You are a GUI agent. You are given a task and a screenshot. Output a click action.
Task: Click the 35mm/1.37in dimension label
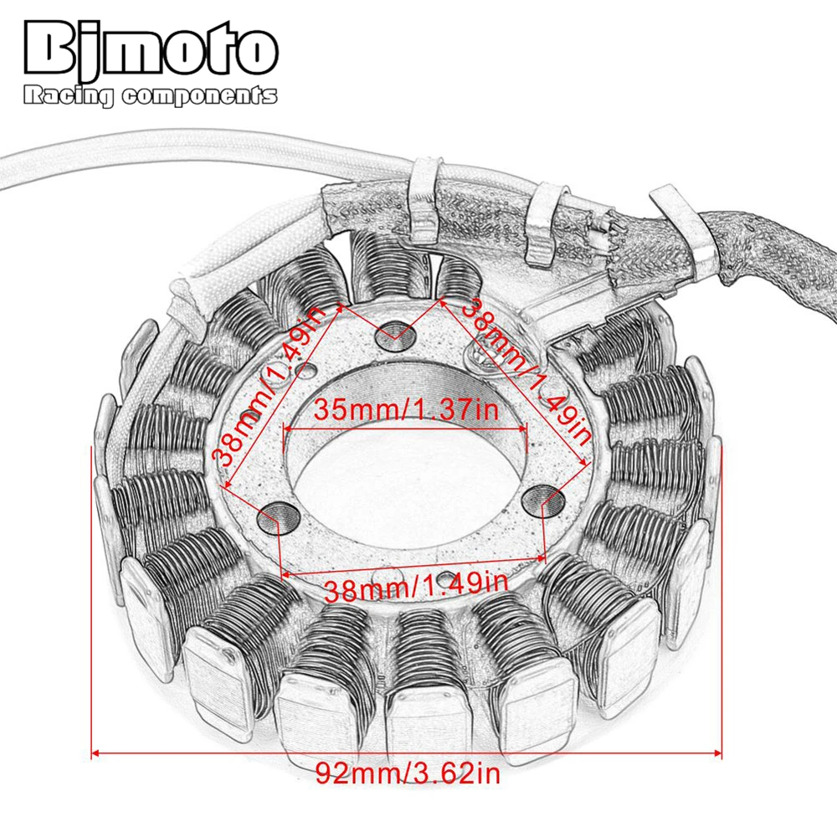point(405,410)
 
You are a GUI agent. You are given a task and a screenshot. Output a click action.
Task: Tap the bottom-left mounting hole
point(274,519)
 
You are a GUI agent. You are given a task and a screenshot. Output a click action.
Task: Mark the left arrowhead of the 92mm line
point(95,753)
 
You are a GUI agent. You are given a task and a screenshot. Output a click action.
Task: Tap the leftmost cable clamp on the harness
point(424,194)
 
